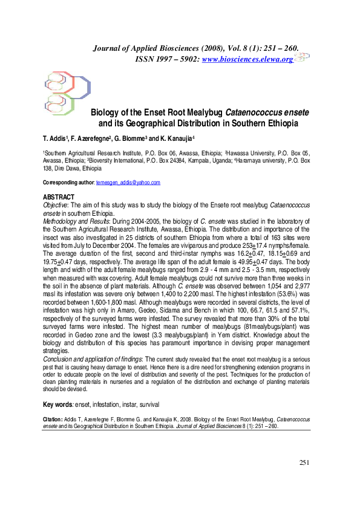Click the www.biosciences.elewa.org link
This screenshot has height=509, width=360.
click(247, 59)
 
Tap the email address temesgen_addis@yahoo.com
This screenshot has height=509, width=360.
click(128, 182)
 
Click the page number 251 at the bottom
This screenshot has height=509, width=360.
click(304, 462)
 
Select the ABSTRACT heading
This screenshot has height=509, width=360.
click(59, 197)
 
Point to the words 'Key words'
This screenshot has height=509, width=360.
click(57, 404)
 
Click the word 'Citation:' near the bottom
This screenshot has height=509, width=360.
click(54, 418)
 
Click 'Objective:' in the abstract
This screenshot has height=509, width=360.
click(55, 206)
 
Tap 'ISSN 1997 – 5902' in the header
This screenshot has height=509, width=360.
click(164, 59)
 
